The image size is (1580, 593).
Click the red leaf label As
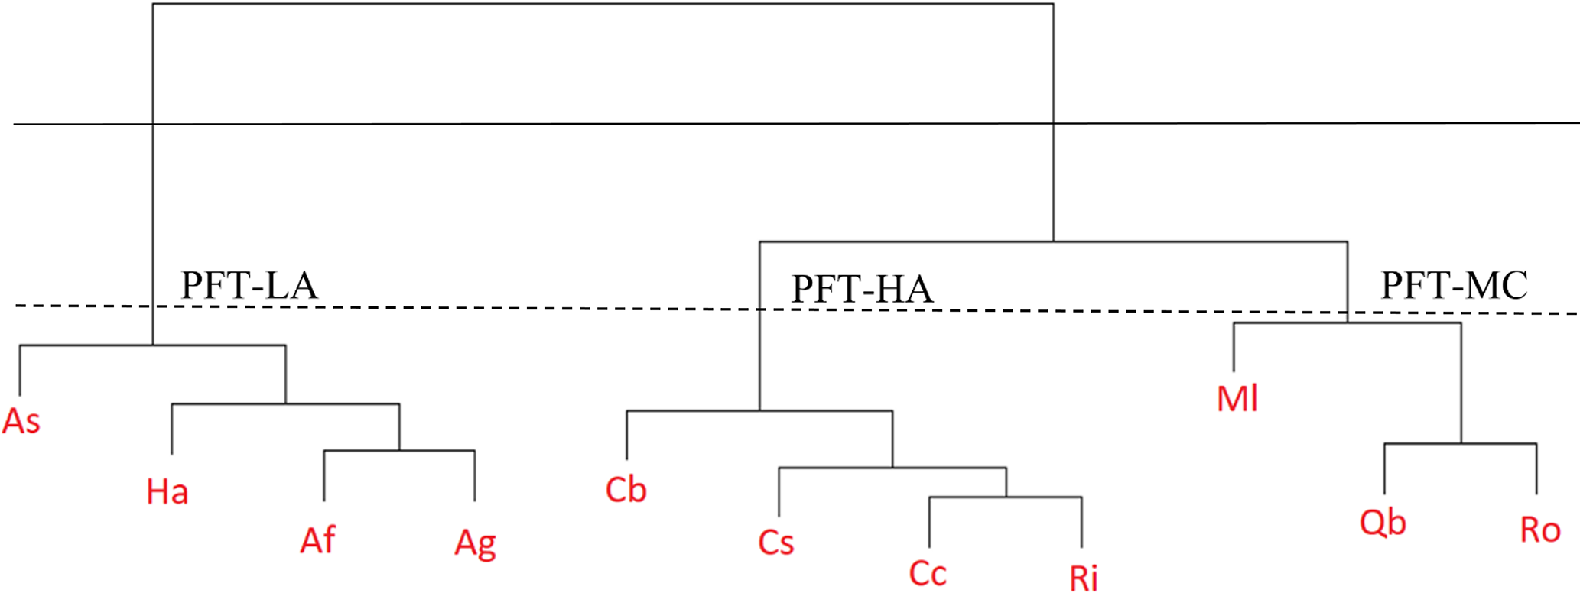click(x=21, y=421)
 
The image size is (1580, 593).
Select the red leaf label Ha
click(x=167, y=491)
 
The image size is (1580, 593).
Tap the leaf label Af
click(x=317, y=540)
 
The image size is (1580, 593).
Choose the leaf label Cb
click(x=626, y=490)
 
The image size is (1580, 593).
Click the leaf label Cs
click(x=775, y=543)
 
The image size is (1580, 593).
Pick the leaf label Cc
click(x=927, y=573)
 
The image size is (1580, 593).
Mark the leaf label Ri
click(x=1083, y=578)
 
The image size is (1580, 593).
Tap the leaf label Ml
click(x=1237, y=399)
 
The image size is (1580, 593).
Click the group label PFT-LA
click(x=249, y=286)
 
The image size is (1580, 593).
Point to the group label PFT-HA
click(x=862, y=290)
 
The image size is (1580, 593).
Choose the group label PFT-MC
click(x=1454, y=286)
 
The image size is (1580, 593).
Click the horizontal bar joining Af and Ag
click(x=399, y=451)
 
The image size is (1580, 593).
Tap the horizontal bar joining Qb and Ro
click(x=1460, y=443)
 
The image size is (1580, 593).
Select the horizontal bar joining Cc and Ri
click(x=1005, y=497)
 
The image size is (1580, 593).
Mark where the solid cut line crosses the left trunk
click(x=153, y=124)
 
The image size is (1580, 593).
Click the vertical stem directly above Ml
click(x=1234, y=347)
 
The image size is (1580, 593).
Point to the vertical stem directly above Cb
click(x=626, y=435)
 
